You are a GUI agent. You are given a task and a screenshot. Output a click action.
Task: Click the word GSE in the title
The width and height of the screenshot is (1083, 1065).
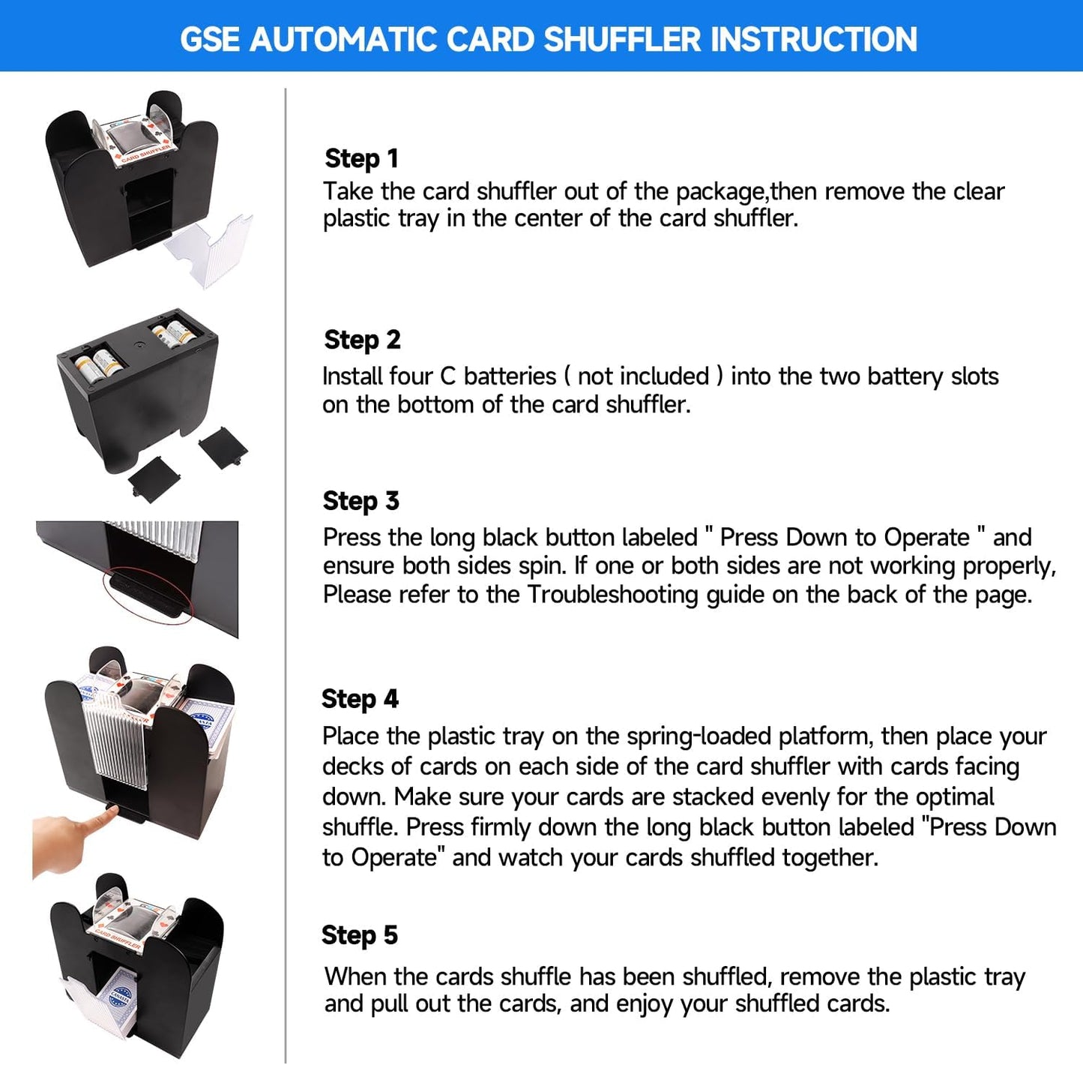pos(211,39)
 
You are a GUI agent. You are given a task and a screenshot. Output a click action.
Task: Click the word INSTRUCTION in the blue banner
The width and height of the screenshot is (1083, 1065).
pos(813,39)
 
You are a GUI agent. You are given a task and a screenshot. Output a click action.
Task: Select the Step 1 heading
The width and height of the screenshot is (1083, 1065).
pos(361,158)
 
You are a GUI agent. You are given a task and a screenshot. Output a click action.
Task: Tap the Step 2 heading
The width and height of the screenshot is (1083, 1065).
pos(362,340)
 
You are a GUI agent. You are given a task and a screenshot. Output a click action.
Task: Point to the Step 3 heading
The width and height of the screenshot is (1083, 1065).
pos(361,501)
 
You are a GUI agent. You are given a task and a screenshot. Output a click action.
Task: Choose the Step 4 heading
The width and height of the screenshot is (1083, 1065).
pos(360,699)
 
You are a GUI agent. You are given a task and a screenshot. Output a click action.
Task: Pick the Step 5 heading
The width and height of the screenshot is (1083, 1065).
pos(359,935)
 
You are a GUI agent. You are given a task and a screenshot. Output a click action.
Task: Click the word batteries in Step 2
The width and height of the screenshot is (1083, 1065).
pos(510,376)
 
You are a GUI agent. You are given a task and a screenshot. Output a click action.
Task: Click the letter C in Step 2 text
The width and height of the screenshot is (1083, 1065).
pos(447,376)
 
